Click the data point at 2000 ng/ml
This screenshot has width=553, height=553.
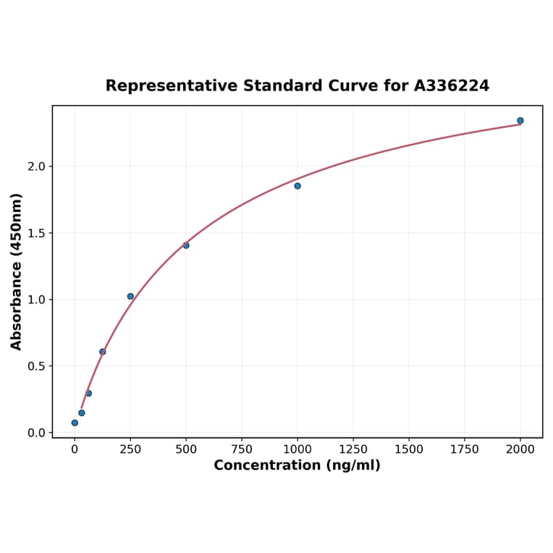[x=520, y=121]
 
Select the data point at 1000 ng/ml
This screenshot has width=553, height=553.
[x=297, y=186]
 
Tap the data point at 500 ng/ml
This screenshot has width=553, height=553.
[x=186, y=245]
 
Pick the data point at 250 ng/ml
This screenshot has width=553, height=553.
[x=130, y=296]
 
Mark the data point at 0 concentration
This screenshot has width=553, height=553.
[x=75, y=423]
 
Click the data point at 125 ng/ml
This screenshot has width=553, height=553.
[x=103, y=352]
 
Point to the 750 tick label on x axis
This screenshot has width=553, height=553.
[x=242, y=449]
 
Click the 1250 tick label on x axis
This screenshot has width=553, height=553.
[x=353, y=449]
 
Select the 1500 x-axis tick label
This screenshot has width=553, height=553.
[x=409, y=449]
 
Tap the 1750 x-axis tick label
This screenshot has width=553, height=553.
[x=465, y=449]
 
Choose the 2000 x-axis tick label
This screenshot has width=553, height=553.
[x=520, y=449]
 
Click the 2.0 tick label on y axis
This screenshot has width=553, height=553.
[x=36, y=166]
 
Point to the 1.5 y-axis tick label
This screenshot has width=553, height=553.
[x=36, y=233]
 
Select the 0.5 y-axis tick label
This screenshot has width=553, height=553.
[x=36, y=366]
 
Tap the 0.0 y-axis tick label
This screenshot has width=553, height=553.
[x=36, y=433]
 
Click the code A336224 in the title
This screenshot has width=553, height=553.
[x=452, y=86]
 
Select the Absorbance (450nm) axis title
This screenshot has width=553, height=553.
[x=17, y=271]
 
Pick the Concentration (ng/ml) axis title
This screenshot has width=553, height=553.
[x=297, y=465]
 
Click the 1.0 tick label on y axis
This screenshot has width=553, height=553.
[x=36, y=300]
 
